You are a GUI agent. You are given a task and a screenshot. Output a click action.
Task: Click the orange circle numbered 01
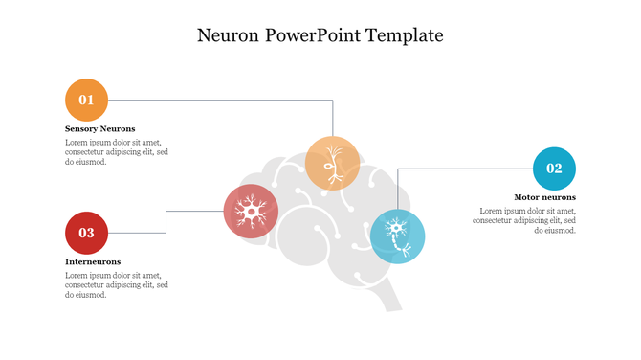point(86,100)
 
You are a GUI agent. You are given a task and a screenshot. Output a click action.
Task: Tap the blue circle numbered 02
point(554,169)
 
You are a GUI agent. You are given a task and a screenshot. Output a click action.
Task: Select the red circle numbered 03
point(86,233)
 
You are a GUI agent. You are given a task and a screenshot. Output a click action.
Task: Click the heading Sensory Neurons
point(100,128)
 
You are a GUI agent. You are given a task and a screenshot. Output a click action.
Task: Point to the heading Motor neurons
point(544,197)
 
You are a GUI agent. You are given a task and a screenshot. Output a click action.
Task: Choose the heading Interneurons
point(93,261)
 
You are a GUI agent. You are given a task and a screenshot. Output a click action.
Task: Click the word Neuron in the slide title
point(228,36)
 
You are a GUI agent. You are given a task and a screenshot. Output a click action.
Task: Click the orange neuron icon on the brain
point(333,163)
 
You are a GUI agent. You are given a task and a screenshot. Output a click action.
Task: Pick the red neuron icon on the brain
point(251,211)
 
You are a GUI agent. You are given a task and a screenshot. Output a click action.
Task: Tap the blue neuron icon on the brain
point(397,236)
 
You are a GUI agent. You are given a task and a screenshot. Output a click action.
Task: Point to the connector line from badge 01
point(220,100)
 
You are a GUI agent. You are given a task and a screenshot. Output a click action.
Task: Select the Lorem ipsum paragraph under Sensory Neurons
point(117,152)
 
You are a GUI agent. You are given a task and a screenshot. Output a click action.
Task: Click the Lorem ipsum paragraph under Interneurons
point(117,285)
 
